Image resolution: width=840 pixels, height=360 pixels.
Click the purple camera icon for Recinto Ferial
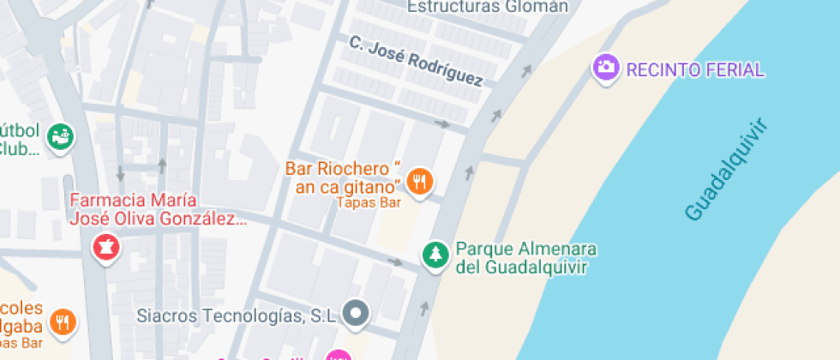click(605, 67)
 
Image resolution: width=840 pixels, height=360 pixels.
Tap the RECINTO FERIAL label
click(695, 69)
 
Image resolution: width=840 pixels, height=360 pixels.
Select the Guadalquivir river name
click(725, 171)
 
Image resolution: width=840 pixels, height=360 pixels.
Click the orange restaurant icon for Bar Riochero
click(419, 181)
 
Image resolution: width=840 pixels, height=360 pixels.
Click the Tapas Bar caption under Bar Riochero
click(369, 203)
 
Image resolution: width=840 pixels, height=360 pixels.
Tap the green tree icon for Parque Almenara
click(435, 254)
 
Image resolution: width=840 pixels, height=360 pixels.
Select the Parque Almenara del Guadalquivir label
click(525, 258)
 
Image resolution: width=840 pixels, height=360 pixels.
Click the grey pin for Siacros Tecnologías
click(357, 314)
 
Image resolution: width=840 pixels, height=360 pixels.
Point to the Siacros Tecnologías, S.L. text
click(237, 315)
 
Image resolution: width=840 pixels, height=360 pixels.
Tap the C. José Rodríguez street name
click(416, 61)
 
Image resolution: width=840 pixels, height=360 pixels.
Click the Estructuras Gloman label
click(488, 7)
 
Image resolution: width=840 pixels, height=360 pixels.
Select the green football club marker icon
click(60, 135)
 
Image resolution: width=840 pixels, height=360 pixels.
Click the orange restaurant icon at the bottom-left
click(63, 322)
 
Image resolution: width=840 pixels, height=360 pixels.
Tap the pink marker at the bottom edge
click(339, 355)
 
